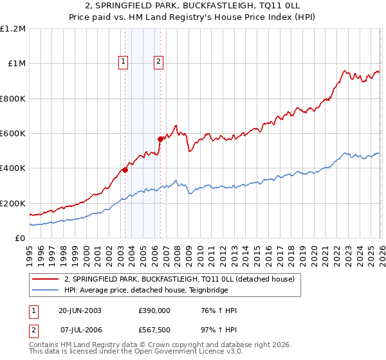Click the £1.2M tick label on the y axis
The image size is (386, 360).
(x=13, y=29)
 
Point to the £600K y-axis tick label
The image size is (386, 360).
(x=13, y=134)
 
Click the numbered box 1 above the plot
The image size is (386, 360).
(x=123, y=62)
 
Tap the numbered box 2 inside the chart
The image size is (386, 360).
(x=158, y=62)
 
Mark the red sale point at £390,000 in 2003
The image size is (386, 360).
(x=125, y=170)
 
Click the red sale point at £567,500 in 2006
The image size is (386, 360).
(x=160, y=139)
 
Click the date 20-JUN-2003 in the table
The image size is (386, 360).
(x=80, y=310)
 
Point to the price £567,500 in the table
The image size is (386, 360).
(x=154, y=329)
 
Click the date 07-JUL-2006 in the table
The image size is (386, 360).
(x=80, y=329)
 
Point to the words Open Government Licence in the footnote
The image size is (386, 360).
(x=179, y=352)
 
